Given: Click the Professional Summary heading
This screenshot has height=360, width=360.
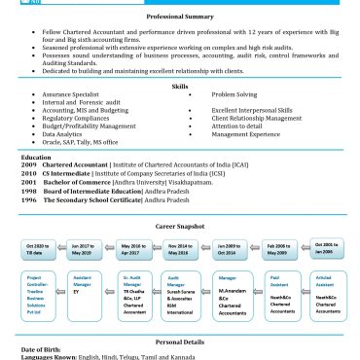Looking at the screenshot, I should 180,18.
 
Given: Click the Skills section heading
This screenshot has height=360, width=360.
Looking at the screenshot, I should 180,86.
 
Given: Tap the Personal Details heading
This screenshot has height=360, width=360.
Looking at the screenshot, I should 180,342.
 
